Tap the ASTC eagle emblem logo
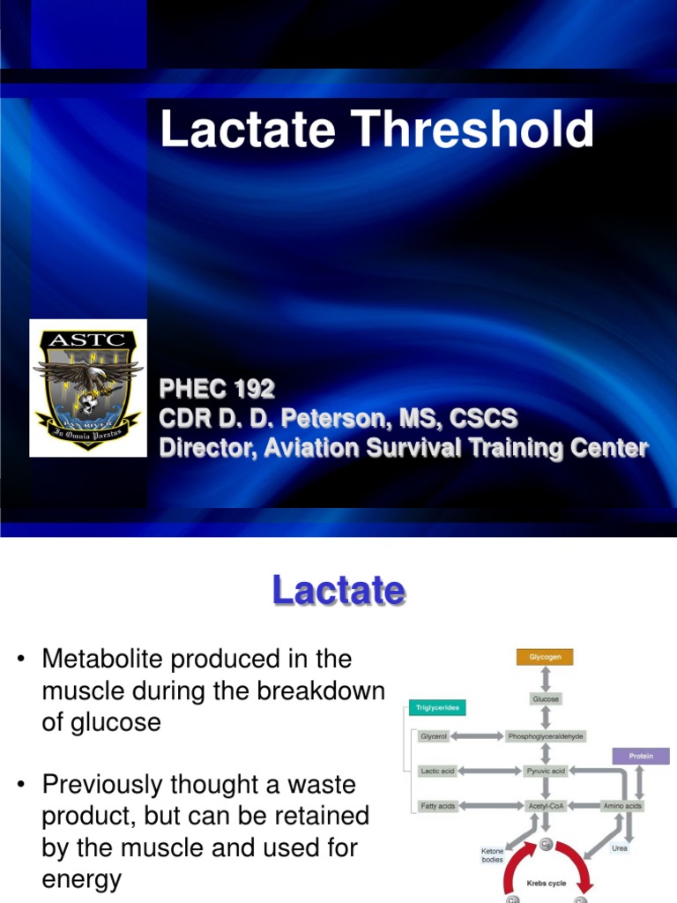(x=87, y=387)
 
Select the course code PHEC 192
(x=217, y=389)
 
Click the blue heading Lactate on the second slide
(x=338, y=590)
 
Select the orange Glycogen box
(x=545, y=657)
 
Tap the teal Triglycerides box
(x=437, y=707)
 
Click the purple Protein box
(x=641, y=756)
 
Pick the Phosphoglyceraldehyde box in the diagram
(x=546, y=735)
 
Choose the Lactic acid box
(x=437, y=771)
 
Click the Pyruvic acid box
(x=546, y=771)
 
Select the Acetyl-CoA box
(x=546, y=805)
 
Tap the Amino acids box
(x=622, y=805)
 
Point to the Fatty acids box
(x=437, y=805)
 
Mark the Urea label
(x=619, y=848)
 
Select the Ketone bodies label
(x=492, y=854)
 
